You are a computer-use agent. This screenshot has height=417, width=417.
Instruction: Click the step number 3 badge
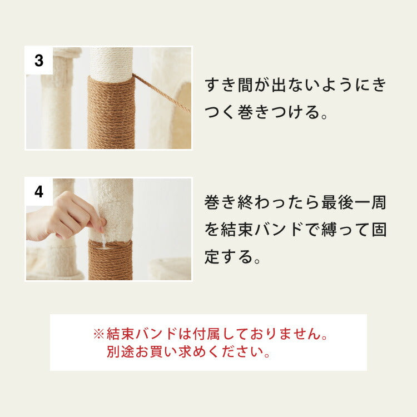pos(39,61)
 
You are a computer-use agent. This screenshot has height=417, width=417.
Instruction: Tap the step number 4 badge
pos(39,192)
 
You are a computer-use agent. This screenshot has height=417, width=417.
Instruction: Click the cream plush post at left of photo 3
pos(57,106)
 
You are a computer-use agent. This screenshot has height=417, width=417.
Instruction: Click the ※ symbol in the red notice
pos(98,334)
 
